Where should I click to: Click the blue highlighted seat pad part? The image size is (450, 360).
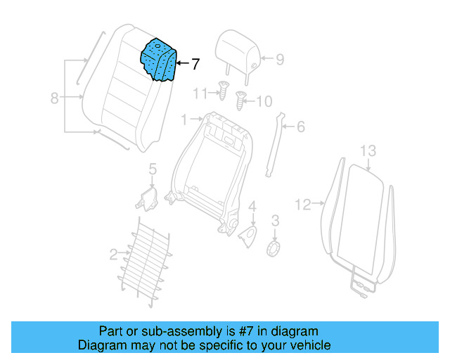[159, 60]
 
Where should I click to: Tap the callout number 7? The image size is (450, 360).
[195, 64]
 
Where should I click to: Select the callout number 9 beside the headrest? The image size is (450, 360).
[279, 60]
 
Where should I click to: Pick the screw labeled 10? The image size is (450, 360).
[242, 101]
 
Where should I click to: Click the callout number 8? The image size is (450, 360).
[55, 98]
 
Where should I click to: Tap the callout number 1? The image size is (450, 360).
[184, 120]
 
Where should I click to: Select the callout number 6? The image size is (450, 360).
[300, 127]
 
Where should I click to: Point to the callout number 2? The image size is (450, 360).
[114, 253]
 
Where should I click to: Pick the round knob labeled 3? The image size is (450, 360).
[275, 249]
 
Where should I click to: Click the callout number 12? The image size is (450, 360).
[302, 205]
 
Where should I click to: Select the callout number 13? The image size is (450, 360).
[368, 150]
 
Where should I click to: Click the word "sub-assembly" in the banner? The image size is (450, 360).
[164, 331]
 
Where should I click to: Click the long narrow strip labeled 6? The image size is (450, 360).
[275, 148]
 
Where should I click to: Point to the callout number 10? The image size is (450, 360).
[263, 102]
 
